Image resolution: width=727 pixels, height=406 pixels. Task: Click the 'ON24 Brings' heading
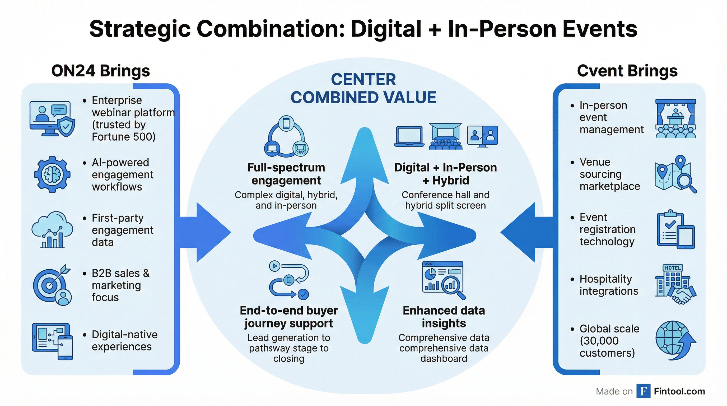coord(100,71)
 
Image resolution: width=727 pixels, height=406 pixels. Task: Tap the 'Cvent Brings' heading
coord(627,71)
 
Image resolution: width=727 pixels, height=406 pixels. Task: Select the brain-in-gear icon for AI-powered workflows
coord(52,174)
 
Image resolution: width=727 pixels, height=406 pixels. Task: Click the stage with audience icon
coord(675,119)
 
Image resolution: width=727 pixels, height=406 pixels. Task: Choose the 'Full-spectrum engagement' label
coord(286,174)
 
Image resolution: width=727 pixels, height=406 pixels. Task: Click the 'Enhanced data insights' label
coord(444,317)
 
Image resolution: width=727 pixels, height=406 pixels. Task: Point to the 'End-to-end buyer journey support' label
coord(289,317)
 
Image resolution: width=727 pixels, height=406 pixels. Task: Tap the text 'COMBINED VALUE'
coord(363,98)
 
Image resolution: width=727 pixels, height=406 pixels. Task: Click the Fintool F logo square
coord(643,391)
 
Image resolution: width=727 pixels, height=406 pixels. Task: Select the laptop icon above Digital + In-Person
coord(409,137)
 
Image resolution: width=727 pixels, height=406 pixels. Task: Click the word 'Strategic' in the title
coord(140,29)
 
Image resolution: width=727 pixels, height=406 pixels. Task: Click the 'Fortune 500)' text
coord(124,137)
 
